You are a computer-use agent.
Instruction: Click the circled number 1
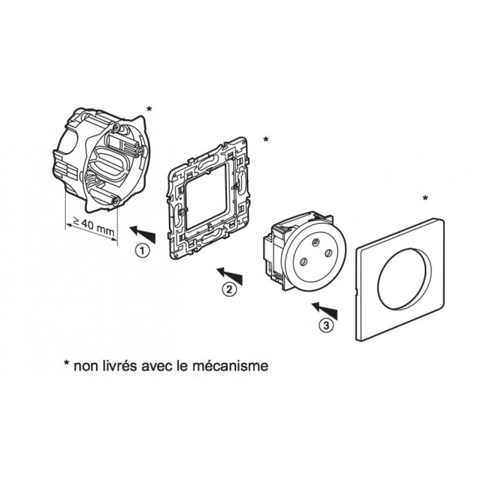tap(142, 252)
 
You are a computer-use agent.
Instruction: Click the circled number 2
tap(229, 289)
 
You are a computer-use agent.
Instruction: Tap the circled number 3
tap(326, 325)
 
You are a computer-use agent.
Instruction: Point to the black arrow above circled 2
tap(229, 276)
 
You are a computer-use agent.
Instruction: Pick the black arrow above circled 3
tap(324, 312)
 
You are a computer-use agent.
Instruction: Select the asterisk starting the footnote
tap(66, 363)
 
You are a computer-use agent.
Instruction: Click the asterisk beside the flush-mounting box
tap(149, 109)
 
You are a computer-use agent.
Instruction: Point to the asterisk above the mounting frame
tap(266, 140)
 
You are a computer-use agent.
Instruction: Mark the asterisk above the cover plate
tap(425, 198)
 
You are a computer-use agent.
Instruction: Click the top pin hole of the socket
tap(315, 242)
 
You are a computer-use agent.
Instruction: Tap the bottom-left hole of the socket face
tap(303, 262)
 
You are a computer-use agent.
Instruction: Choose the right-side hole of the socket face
tap(328, 253)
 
